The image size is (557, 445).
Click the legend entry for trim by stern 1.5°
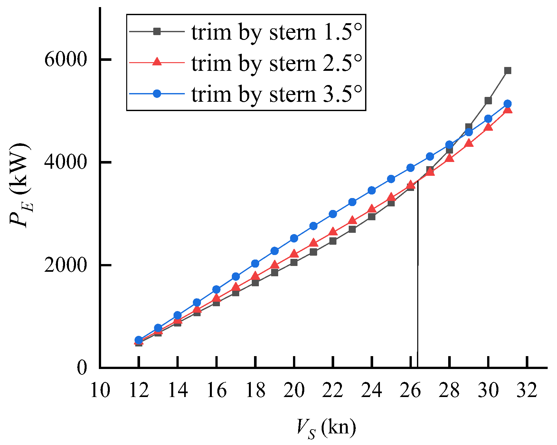click(x=277, y=32)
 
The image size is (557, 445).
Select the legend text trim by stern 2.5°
click(x=277, y=63)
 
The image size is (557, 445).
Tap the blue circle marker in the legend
click(x=157, y=94)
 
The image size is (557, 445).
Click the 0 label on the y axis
click(x=82, y=367)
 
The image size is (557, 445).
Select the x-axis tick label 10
click(x=100, y=390)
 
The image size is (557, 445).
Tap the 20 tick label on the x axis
click(x=294, y=390)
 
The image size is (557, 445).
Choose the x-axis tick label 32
click(x=527, y=390)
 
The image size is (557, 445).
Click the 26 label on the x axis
click(x=411, y=390)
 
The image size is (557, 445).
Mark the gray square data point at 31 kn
click(x=508, y=71)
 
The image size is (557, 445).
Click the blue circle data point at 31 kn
click(x=508, y=104)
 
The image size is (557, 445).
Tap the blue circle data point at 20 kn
click(x=294, y=238)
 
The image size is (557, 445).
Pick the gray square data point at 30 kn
click(x=488, y=101)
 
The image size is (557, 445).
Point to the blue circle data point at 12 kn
click(x=139, y=340)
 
